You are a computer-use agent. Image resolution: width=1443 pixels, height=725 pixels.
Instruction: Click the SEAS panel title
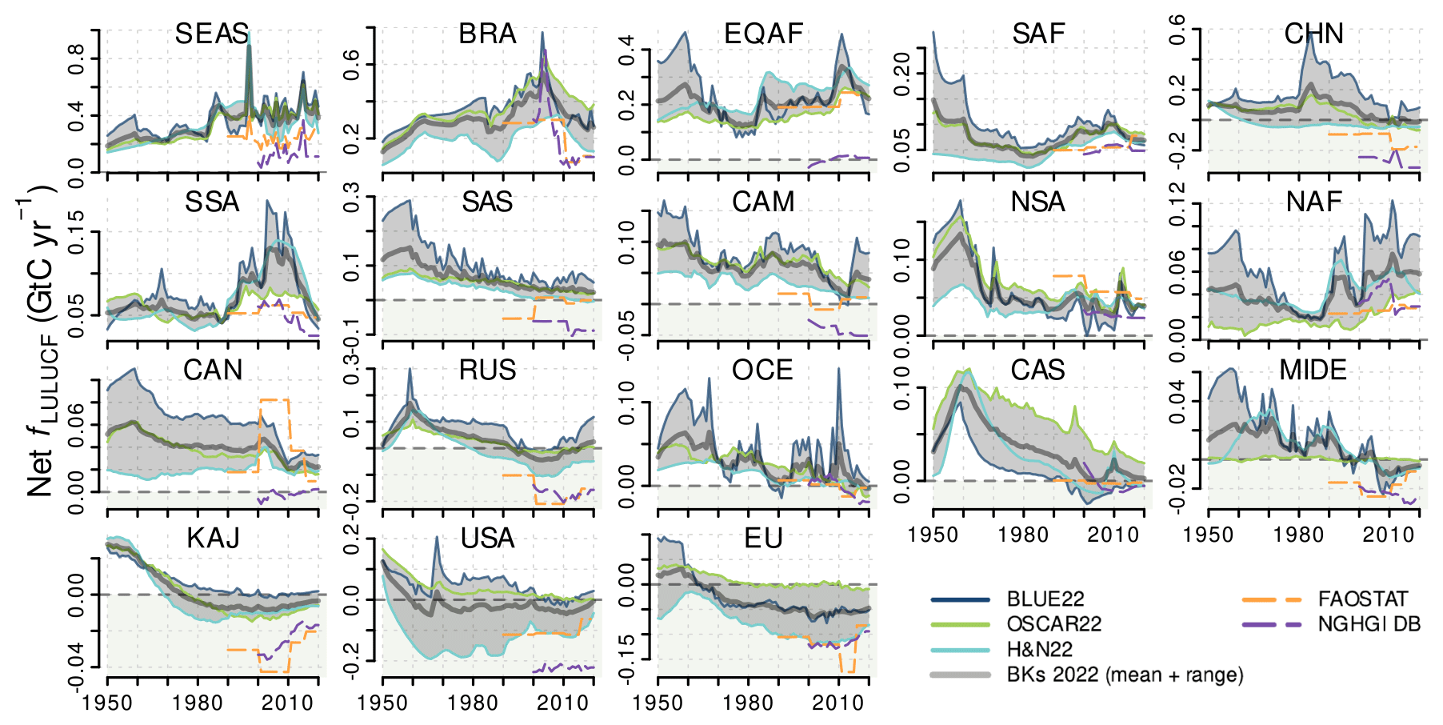click(x=212, y=34)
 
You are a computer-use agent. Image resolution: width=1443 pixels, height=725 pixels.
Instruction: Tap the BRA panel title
click(x=487, y=34)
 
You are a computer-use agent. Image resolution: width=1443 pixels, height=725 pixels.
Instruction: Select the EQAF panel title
click(x=763, y=34)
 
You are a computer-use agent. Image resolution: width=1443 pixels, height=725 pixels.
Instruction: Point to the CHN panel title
click(x=1314, y=34)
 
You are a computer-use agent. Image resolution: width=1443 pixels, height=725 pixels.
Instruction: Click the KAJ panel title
click(x=213, y=538)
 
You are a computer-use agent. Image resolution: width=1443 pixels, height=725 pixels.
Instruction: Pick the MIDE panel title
click(x=1313, y=370)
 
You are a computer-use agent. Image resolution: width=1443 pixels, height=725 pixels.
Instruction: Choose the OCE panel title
click(x=762, y=370)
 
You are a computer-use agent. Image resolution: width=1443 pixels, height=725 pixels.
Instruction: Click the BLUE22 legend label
click(x=1045, y=599)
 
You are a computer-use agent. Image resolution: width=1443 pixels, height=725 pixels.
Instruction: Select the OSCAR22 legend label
click(x=1053, y=623)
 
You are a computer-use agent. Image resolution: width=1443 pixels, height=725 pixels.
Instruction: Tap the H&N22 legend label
click(x=1039, y=649)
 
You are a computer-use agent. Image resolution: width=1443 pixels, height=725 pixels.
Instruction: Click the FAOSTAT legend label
click(x=1362, y=599)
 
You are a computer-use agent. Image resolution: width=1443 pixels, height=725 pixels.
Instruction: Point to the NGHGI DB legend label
click(x=1369, y=623)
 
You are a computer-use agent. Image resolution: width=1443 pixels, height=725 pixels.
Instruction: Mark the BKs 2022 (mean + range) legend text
click(x=1125, y=675)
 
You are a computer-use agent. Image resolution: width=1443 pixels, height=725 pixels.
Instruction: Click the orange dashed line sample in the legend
click(x=1271, y=599)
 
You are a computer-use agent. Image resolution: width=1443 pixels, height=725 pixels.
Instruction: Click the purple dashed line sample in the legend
click(x=1271, y=624)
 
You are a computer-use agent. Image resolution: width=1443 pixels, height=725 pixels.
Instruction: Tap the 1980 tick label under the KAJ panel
click(x=197, y=703)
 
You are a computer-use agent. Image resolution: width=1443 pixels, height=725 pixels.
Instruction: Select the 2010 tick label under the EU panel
click(x=837, y=703)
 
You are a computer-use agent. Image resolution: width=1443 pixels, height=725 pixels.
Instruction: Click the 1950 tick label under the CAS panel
click(x=933, y=535)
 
